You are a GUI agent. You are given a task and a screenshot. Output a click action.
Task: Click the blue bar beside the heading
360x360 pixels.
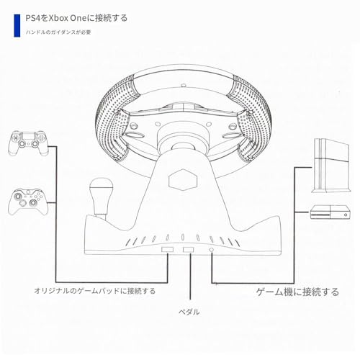pos(17,25)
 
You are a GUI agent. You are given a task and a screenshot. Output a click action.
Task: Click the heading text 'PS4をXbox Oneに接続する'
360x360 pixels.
pos(76,18)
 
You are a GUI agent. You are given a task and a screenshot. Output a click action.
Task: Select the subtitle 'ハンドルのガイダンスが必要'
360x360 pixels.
pos(58,32)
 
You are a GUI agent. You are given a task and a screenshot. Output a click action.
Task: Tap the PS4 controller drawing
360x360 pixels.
pos(28,143)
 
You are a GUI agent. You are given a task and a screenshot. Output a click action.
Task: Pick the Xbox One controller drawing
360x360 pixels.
pos(28,202)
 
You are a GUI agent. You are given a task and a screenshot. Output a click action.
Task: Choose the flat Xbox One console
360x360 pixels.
pos(330,212)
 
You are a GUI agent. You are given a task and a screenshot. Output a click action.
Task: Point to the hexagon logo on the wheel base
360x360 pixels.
pos(183,180)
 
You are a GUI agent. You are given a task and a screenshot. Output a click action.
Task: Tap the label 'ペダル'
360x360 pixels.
pos(189,312)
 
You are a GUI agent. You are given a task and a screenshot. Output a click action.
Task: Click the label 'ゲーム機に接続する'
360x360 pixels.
pos(297,292)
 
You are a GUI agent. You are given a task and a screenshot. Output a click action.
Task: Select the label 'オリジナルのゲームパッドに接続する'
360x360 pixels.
pos(95,291)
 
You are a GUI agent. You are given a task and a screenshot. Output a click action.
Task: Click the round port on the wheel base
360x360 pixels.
pos(212,250)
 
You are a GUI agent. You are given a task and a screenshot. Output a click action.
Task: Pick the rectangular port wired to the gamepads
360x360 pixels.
pos(167,250)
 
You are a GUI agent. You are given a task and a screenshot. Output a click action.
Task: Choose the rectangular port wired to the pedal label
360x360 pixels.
pos(188,250)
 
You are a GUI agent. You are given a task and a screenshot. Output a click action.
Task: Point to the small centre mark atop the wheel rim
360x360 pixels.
pos(184,85)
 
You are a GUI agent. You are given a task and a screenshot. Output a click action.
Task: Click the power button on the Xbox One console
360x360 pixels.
pos(346,215)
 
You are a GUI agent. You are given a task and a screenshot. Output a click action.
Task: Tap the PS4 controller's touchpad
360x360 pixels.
pos(28,136)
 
